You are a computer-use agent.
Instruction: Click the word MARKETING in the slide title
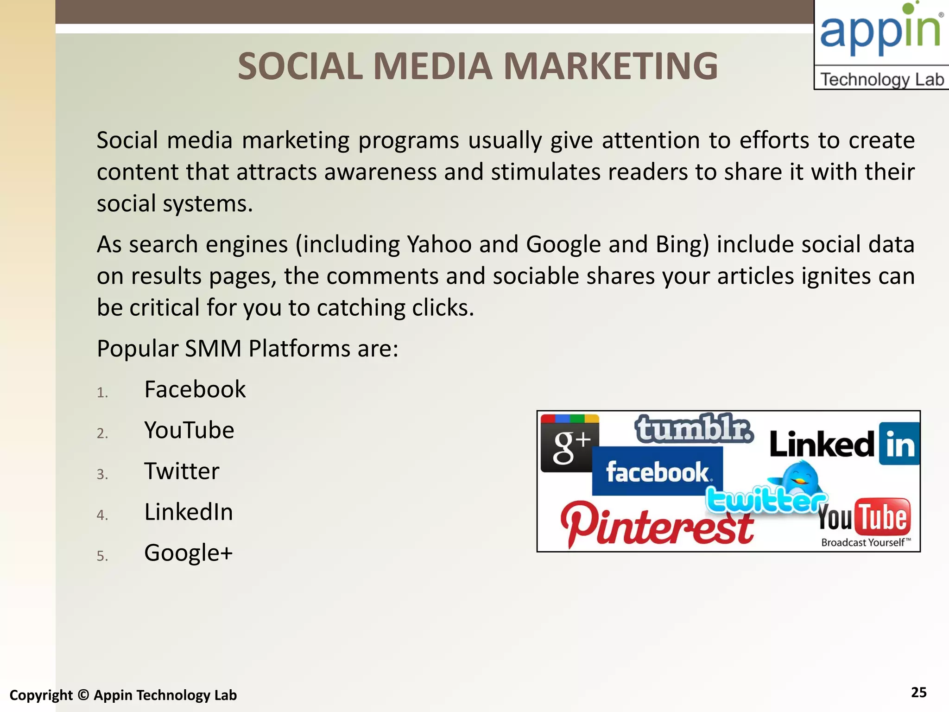point(610,66)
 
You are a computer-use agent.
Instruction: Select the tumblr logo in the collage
point(694,429)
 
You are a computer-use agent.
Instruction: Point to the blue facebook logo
point(657,472)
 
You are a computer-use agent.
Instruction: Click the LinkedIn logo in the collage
point(844,444)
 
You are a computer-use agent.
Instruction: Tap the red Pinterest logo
point(657,524)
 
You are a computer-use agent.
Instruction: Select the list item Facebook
point(195,389)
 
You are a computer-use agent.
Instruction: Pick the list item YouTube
point(189,430)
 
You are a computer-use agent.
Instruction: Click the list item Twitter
point(182,471)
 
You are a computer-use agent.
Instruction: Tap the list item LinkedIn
point(188,512)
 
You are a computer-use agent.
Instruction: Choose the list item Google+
point(188,553)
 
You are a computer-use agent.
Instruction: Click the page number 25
point(918,693)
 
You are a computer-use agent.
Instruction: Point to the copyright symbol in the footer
point(83,695)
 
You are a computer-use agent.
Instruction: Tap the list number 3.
point(102,474)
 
